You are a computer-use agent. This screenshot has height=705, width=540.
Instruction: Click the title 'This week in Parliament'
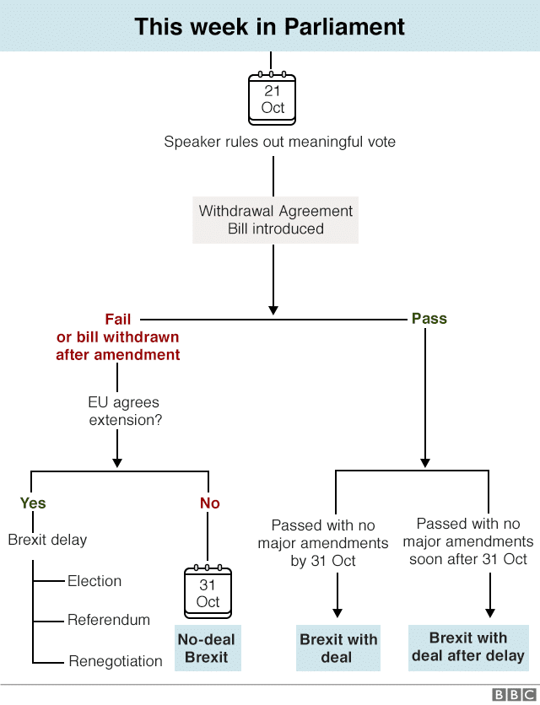pyautogui.click(x=270, y=26)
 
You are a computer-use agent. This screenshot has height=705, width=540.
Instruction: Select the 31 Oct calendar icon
pyautogui.click(x=208, y=593)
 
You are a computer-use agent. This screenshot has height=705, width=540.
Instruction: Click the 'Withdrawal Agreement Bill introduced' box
pyautogui.click(x=275, y=219)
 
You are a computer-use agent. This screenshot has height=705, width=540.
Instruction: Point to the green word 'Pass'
pyautogui.click(x=429, y=319)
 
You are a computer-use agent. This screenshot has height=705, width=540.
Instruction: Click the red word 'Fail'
pyautogui.click(x=118, y=319)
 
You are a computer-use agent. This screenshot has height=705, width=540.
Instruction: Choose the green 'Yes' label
pyautogui.click(x=33, y=503)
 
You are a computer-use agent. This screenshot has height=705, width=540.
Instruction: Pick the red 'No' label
pyautogui.click(x=209, y=503)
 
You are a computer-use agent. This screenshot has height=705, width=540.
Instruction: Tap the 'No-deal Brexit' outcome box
pyautogui.click(x=207, y=648)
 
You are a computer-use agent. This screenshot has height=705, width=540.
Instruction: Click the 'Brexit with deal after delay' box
pyautogui.click(x=467, y=647)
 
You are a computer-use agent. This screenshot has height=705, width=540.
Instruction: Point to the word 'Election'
pyautogui.click(x=94, y=581)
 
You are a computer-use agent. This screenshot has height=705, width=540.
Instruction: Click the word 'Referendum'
pyautogui.click(x=109, y=620)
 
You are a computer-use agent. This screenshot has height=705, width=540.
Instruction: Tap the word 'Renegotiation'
pyautogui.click(x=116, y=660)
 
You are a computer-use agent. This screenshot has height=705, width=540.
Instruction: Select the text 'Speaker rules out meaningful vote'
pyautogui.click(x=279, y=142)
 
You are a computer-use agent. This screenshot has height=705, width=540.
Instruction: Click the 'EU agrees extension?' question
pyautogui.click(x=124, y=411)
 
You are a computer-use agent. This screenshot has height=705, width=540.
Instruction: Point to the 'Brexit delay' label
pyautogui.click(x=47, y=540)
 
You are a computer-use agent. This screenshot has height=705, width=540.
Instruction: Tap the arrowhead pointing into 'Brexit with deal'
pyautogui.click(x=337, y=613)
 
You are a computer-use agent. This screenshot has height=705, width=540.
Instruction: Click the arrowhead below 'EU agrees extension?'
pyautogui.click(x=117, y=462)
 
